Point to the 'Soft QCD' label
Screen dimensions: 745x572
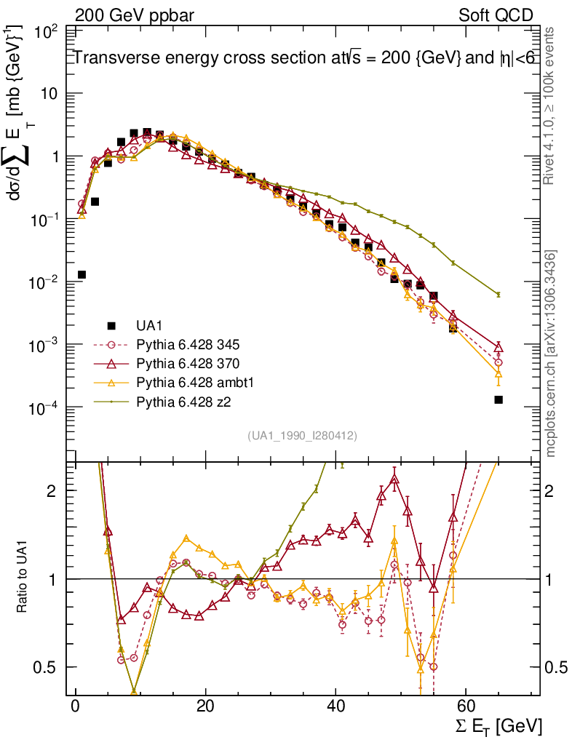click(496, 15)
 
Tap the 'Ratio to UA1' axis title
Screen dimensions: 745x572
click(22, 578)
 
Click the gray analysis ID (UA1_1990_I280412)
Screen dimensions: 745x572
click(302, 436)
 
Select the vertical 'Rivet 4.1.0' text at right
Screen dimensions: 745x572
click(550, 105)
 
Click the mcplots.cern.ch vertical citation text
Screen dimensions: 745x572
click(551, 353)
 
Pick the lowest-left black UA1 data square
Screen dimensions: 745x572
click(82, 274)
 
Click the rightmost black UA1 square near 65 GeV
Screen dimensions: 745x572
click(498, 399)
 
